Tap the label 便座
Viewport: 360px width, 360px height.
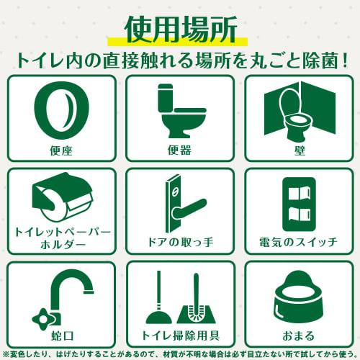click(60, 150)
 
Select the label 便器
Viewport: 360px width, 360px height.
click(180, 150)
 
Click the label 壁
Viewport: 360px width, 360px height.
click(299, 150)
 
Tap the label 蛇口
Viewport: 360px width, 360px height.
click(60, 335)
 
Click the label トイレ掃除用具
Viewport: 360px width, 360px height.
click(180, 335)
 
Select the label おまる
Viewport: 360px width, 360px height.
click(299, 335)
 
